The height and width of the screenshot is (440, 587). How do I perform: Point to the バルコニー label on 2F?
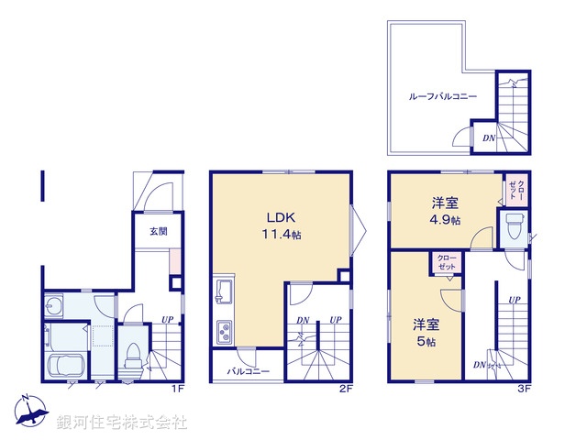(242, 371)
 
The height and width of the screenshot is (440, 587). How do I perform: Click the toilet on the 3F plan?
(514, 226)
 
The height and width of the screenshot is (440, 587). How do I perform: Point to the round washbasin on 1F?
(54, 306)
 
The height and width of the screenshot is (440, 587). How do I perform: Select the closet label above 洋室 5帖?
(447, 263)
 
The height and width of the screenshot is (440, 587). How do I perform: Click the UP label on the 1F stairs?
(168, 320)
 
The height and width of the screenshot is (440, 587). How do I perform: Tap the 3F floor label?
(524, 388)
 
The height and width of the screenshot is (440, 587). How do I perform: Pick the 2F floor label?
(343, 388)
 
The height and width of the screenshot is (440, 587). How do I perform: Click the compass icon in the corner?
(32, 411)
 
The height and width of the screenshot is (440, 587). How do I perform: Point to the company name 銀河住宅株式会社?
(122, 423)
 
